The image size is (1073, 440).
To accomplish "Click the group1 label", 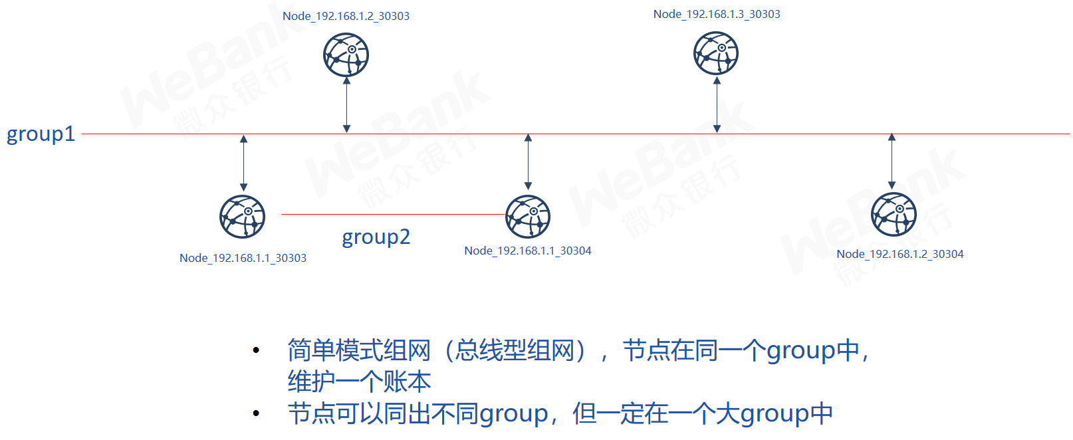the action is pos(41,134).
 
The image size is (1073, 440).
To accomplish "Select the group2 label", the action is pos(376,237).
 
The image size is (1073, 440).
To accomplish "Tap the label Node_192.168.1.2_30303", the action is pos(346,16).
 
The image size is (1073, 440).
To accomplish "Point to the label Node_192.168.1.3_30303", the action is pos(717,15).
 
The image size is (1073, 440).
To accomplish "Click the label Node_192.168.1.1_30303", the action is pos(243,258).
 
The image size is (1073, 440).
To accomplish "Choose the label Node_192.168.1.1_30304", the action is pos(528,251).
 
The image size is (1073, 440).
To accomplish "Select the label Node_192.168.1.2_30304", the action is pos(900,255).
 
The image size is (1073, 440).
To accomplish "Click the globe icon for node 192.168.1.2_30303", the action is pos(346,55).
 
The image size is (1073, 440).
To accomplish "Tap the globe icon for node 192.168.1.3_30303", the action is pos(716,53).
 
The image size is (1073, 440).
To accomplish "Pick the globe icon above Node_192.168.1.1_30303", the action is pos(243,217).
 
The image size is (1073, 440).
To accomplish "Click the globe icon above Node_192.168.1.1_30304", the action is pos(528,217).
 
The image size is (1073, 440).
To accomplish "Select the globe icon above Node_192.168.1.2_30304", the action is pos(894,214).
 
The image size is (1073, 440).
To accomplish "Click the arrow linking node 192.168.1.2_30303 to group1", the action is pos(347,104).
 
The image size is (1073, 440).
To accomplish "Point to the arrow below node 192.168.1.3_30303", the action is pos(717,104).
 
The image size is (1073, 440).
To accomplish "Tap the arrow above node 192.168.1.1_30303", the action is pos(244,163).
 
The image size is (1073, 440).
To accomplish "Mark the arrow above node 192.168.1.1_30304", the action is pos(529,162).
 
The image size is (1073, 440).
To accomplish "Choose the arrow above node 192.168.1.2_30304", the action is pos(892,161).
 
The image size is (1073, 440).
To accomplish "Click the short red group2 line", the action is pos(394,215).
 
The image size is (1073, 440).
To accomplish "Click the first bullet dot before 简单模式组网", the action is pos(256,350).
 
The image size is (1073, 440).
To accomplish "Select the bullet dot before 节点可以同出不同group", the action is pos(256,413).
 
